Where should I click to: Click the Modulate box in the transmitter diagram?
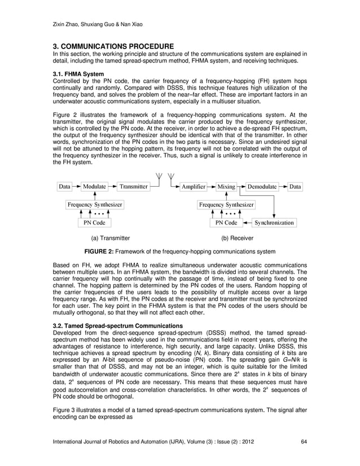point(94,186)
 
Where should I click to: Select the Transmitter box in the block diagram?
point(134,186)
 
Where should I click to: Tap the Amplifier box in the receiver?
point(193,186)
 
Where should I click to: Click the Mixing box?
point(226,186)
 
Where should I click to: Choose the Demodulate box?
point(262,186)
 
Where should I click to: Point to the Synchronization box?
point(274,223)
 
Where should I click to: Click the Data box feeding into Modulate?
point(65,186)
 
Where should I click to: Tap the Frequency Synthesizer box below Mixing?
point(226,204)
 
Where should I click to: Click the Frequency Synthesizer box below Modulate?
point(94,204)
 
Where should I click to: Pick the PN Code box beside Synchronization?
point(227,223)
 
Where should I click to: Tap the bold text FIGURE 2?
point(102,252)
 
